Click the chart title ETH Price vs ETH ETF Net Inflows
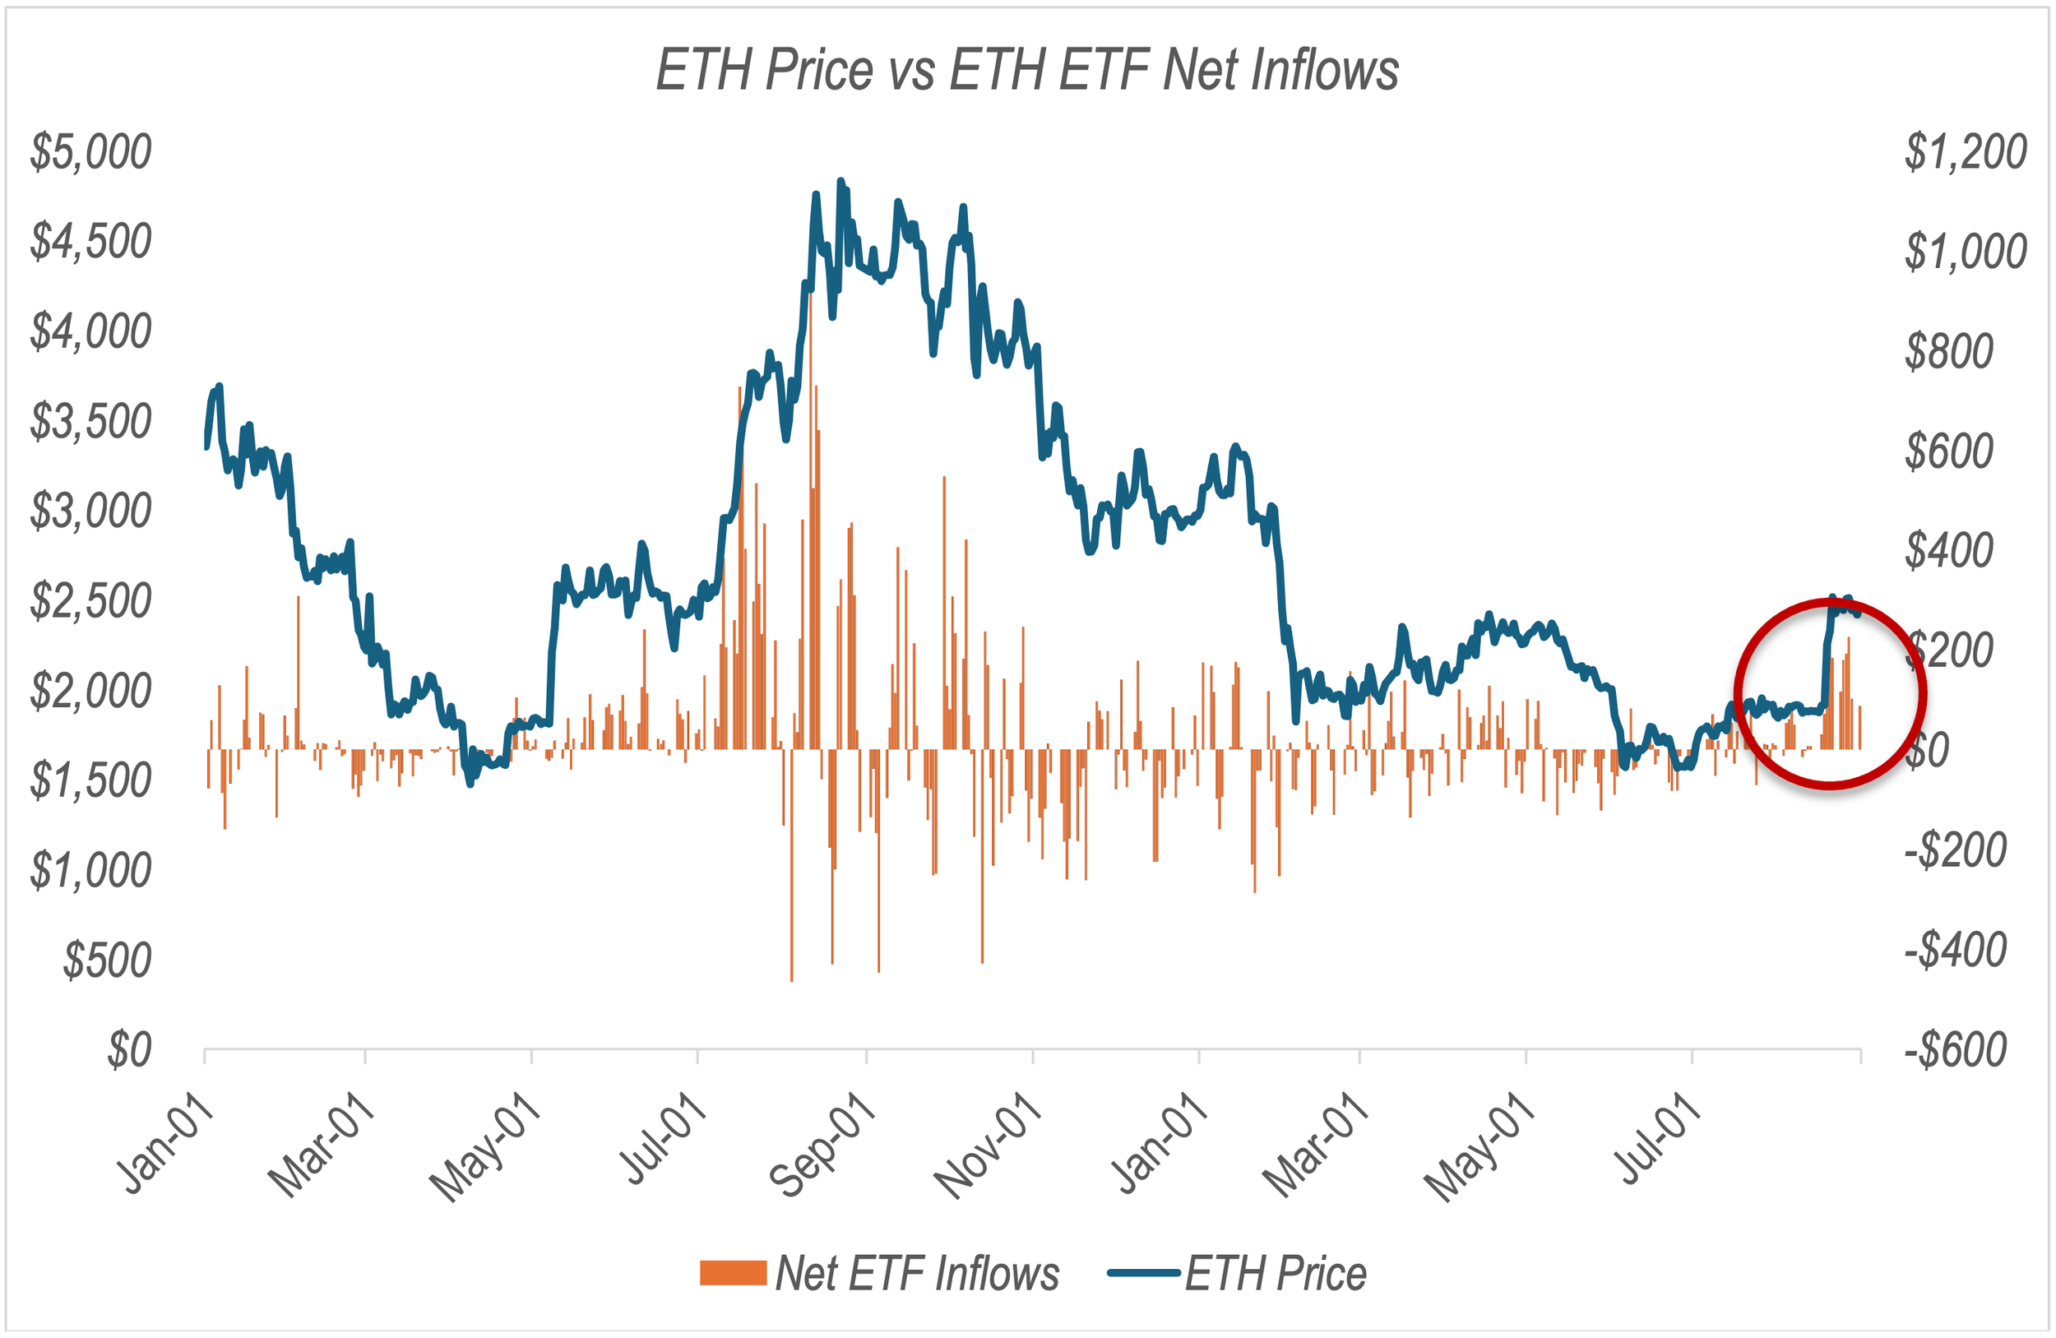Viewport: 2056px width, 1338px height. [1026, 69]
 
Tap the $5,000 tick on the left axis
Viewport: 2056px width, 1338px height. [90, 151]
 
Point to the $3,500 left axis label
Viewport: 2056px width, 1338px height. [90, 422]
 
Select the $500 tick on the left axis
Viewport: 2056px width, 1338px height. [107, 961]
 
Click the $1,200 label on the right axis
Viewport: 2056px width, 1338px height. [1966, 151]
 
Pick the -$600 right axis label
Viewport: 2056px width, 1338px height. [1956, 1050]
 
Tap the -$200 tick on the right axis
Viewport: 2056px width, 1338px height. [1956, 850]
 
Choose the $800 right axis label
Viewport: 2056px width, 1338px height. [1949, 350]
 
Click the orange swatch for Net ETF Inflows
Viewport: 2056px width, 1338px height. [734, 1273]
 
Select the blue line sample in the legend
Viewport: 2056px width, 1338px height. [1144, 1272]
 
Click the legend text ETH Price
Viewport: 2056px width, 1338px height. [1276, 1273]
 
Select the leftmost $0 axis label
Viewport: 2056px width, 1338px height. [130, 1050]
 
